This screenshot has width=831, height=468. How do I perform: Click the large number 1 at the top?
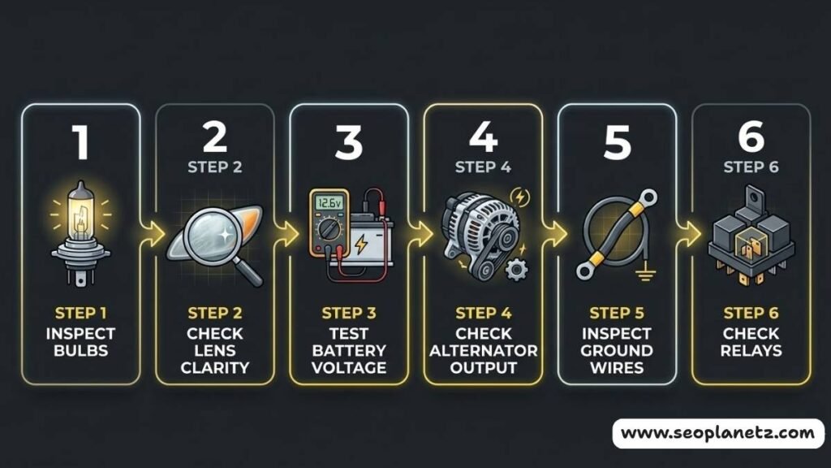click(x=80, y=141)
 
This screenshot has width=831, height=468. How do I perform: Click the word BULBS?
click(x=80, y=351)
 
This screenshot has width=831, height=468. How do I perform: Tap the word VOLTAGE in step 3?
click(x=349, y=367)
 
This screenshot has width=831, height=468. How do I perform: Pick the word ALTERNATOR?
click(x=483, y=351)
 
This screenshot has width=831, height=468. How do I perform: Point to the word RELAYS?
click(x=751, y=351)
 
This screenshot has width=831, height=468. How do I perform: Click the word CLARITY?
click(x=215, y=367)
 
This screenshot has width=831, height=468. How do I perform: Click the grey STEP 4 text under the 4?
click(x=483, y=167)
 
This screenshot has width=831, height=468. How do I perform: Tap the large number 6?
click(x=751, y=138)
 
